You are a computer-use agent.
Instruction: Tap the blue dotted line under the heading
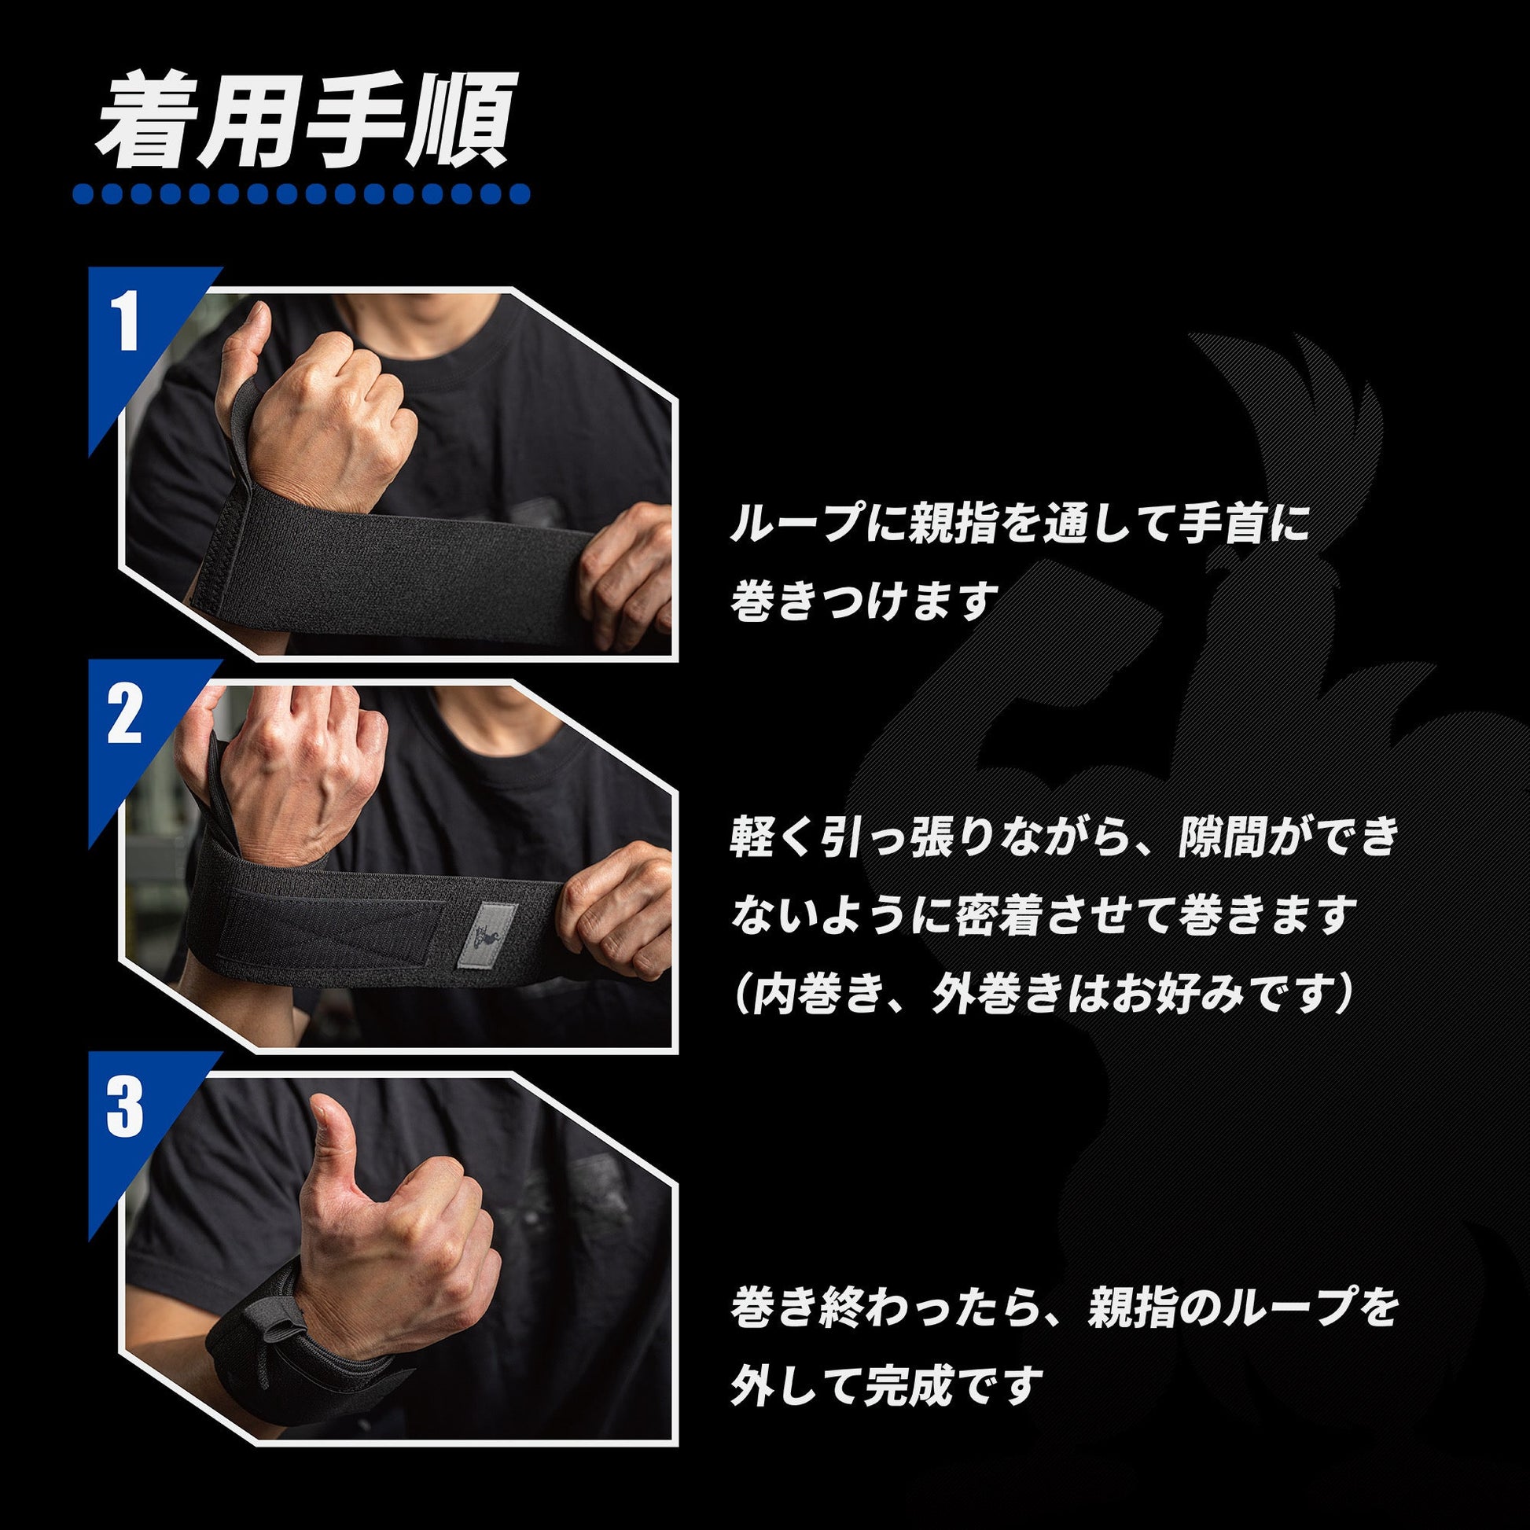point(301,194)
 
